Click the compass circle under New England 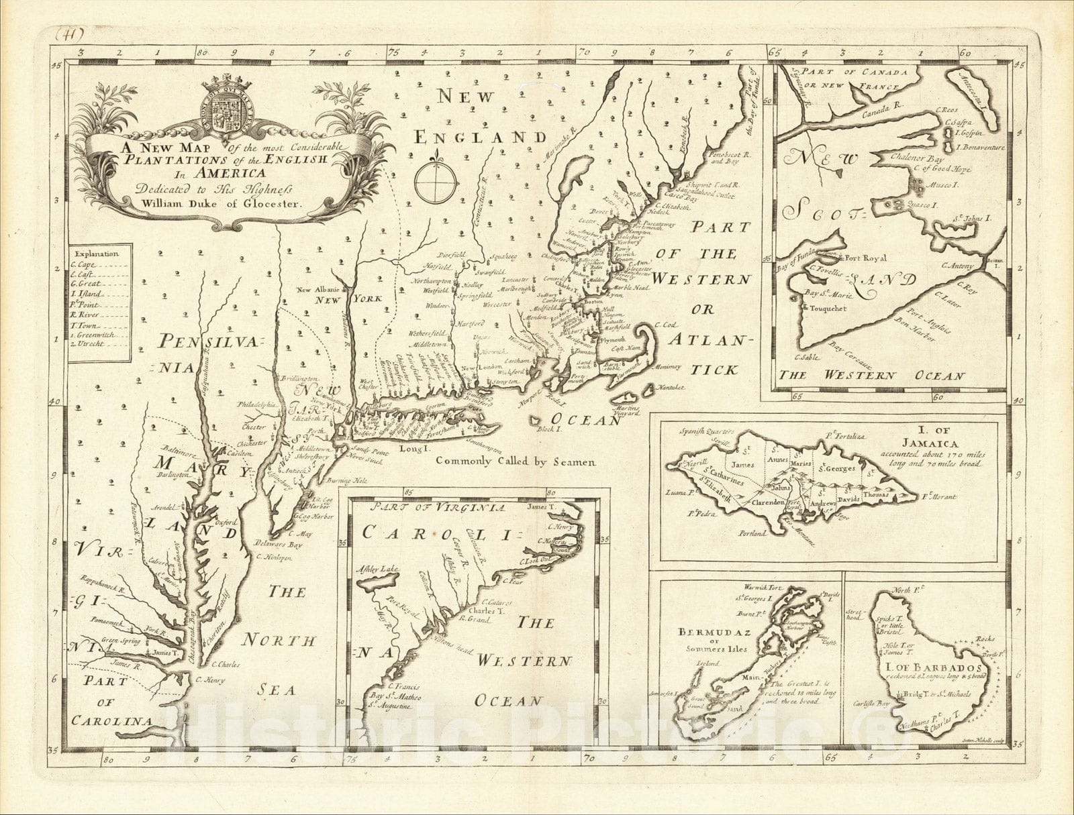point(435,180)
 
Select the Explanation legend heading point(97,254)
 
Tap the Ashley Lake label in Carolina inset point(381,569)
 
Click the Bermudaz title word point(702,633)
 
